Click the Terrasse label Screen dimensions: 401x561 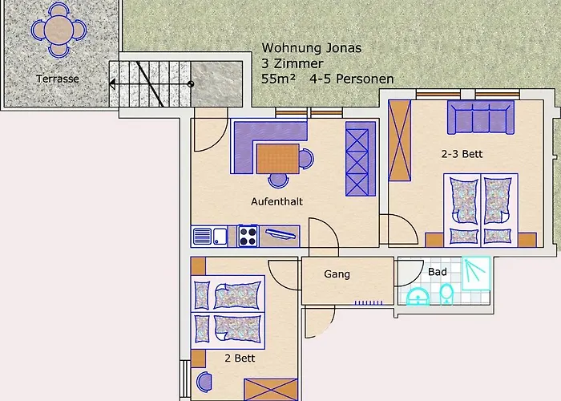pos(57,79)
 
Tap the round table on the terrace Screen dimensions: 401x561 pos(58,30)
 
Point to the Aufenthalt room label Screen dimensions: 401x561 pos(276,201)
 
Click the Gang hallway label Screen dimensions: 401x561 pos(337,274)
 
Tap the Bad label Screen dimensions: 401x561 pos(437,272)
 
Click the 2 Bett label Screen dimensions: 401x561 pos(240,358)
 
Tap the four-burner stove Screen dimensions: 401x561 pos(248,236)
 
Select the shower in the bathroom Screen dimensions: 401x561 pos(477,272)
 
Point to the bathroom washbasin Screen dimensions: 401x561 pos(418,298)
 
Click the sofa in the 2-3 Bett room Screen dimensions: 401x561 pos(480,119)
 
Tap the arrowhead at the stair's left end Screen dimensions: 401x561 pos(113,83)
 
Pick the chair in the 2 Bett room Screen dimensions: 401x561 pos(204,382)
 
